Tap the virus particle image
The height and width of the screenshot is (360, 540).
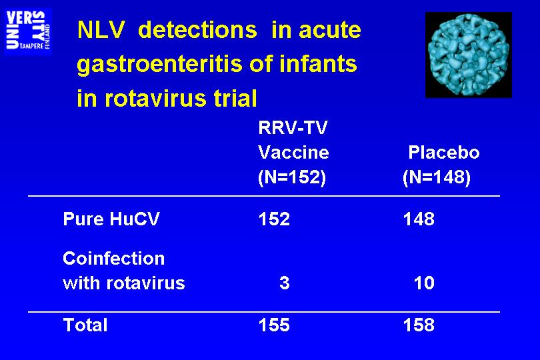click(x=469, y=55)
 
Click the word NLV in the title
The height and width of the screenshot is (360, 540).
click(x=101, y=30)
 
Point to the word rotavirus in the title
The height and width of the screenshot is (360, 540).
click(x=155, y=98)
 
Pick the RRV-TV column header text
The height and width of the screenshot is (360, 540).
click(x=293, y=128)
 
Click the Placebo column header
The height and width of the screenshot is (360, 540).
click(x=443, y=153)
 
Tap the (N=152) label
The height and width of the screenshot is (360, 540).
click(x=292, y=178)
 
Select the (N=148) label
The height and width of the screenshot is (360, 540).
click(x=437, y=178)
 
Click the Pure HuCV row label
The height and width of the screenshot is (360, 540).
click(x=111, y=219)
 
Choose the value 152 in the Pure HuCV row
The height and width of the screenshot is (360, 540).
click(x=274, y=219)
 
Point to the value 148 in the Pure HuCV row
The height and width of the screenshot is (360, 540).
click(x=419, y=219)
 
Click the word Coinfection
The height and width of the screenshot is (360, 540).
click(x=113, y=259)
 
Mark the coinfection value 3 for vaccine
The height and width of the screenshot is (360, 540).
click(x=285, y=283)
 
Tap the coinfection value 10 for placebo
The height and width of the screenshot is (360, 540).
click(x=424, y=283)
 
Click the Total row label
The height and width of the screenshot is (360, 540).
click(x=85, y=325)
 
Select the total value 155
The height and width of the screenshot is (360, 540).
click(x=274, y=325)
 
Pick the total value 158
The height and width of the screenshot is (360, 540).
click(x=419, y=325)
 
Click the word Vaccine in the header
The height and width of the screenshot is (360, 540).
click(x=293, y=153)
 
